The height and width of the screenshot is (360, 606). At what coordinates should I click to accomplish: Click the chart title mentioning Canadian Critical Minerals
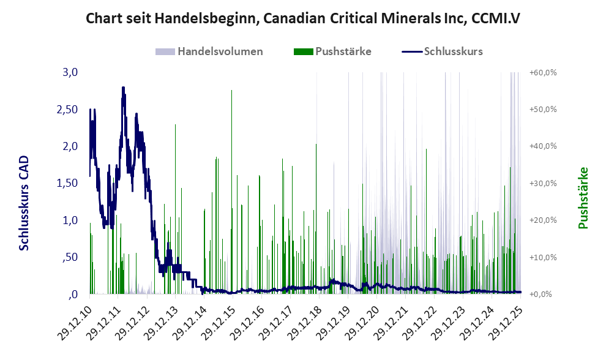click(303, 18)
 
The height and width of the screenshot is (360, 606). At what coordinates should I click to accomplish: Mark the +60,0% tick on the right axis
click(543, 72)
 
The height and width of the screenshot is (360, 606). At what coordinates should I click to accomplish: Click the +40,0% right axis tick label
click(543, 146)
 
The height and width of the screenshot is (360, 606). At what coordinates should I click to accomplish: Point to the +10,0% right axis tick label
click(543, 257)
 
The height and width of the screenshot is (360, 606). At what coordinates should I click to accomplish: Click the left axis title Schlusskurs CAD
click(24, 202)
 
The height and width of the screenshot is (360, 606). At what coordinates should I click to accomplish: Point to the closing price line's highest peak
click(123, 88)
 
